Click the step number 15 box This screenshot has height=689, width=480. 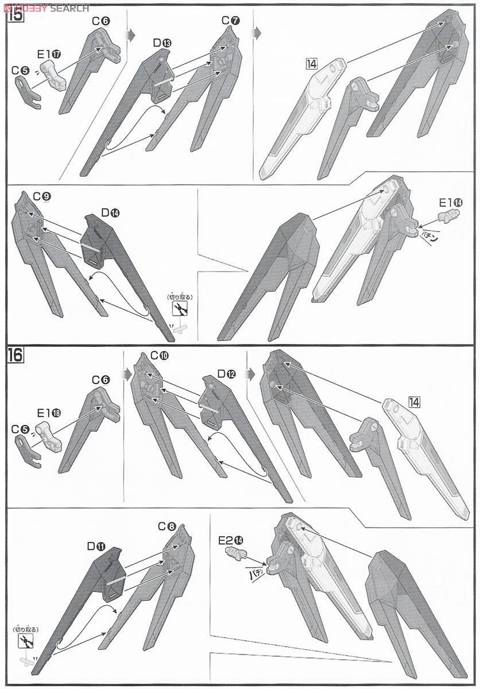coord(16,14)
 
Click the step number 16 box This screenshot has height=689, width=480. coord(16,355)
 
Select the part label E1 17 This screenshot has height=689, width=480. coord(49,55)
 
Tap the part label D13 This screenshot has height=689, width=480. coord(162,43)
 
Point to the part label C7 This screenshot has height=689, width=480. coord(230,21)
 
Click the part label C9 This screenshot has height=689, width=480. coord(42,196)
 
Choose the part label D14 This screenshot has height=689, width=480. coord(110,213)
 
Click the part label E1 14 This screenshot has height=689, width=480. coord(451,203)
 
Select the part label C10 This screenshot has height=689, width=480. coord(159,356)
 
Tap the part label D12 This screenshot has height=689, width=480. coord(226,374)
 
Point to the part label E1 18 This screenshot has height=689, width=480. coord(49,413)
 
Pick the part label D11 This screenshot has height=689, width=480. coord(96,546)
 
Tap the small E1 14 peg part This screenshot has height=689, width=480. coord(448,216)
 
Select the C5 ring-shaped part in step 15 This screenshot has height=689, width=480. coord(28,92)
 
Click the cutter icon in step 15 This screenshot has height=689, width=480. coord(180,308)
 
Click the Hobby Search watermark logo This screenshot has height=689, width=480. coord(45,7)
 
